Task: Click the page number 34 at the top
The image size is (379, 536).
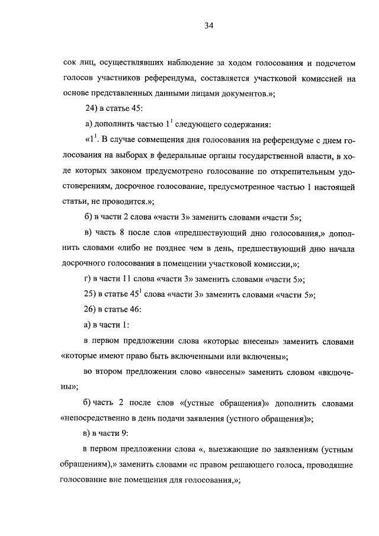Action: [x=208, y=25]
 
